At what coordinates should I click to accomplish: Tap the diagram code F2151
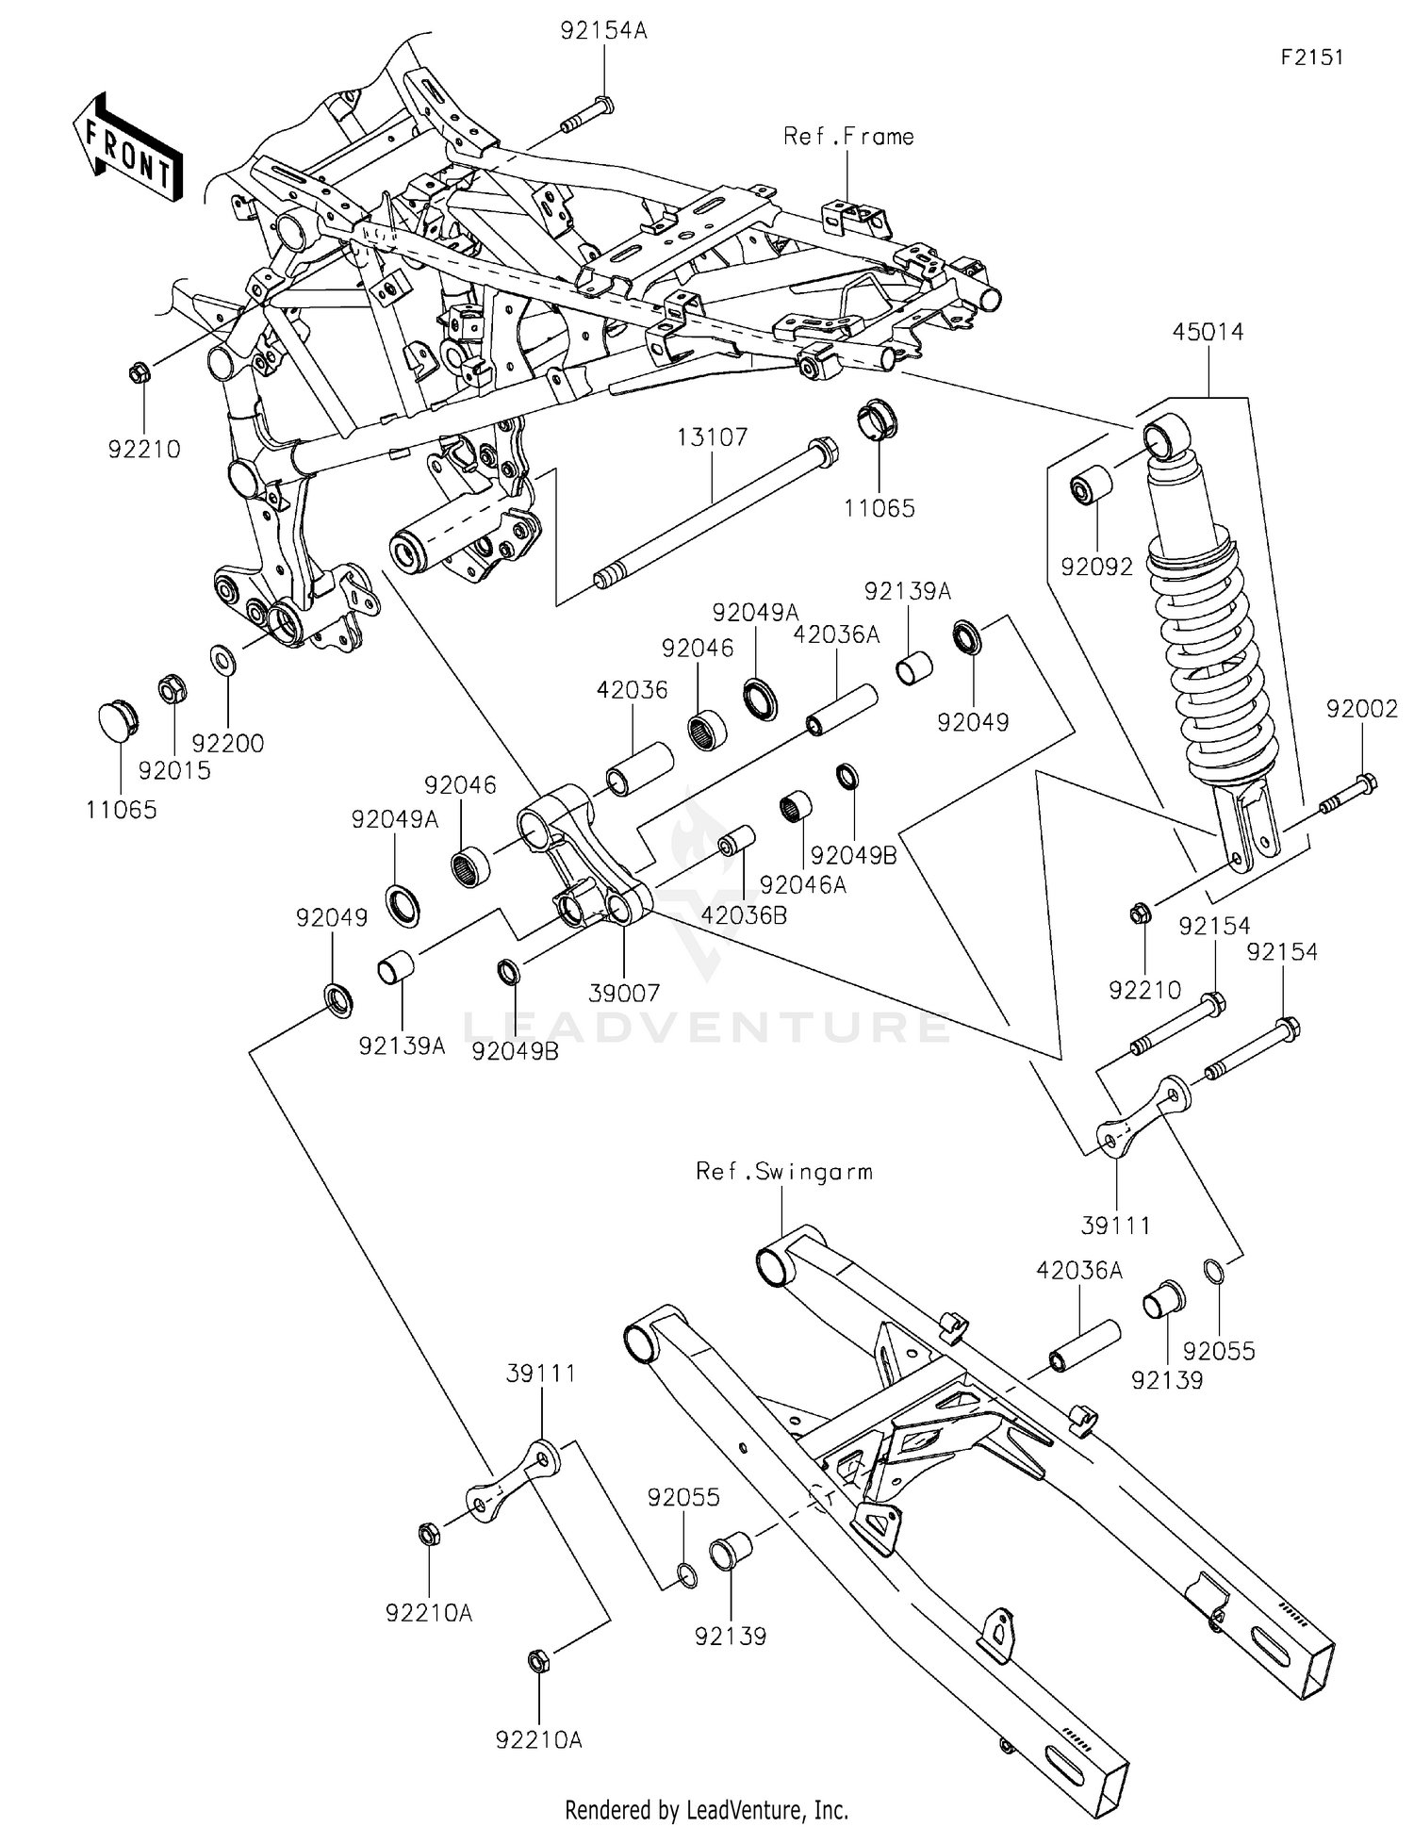click(x=1311, y=58)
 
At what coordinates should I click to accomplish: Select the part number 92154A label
click(x=603, y=31)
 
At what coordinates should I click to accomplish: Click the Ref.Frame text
click(x=848, y=138)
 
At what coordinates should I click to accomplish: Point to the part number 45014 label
click(x=1208, y=333)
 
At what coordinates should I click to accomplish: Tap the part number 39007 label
click(x=624, y=993)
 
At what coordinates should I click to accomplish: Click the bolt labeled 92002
click(x=1348, y=793)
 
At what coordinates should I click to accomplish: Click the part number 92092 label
click(x=1096, y=568)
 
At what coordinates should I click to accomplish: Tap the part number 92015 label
click(x=174, y=771)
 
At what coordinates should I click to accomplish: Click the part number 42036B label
click(x=744, y=915)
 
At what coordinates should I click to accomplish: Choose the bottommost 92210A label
click(x=538, y=1740)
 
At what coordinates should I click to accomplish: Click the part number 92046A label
click(x=802, y=885)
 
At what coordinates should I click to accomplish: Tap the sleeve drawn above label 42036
click(x=639, y=769)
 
